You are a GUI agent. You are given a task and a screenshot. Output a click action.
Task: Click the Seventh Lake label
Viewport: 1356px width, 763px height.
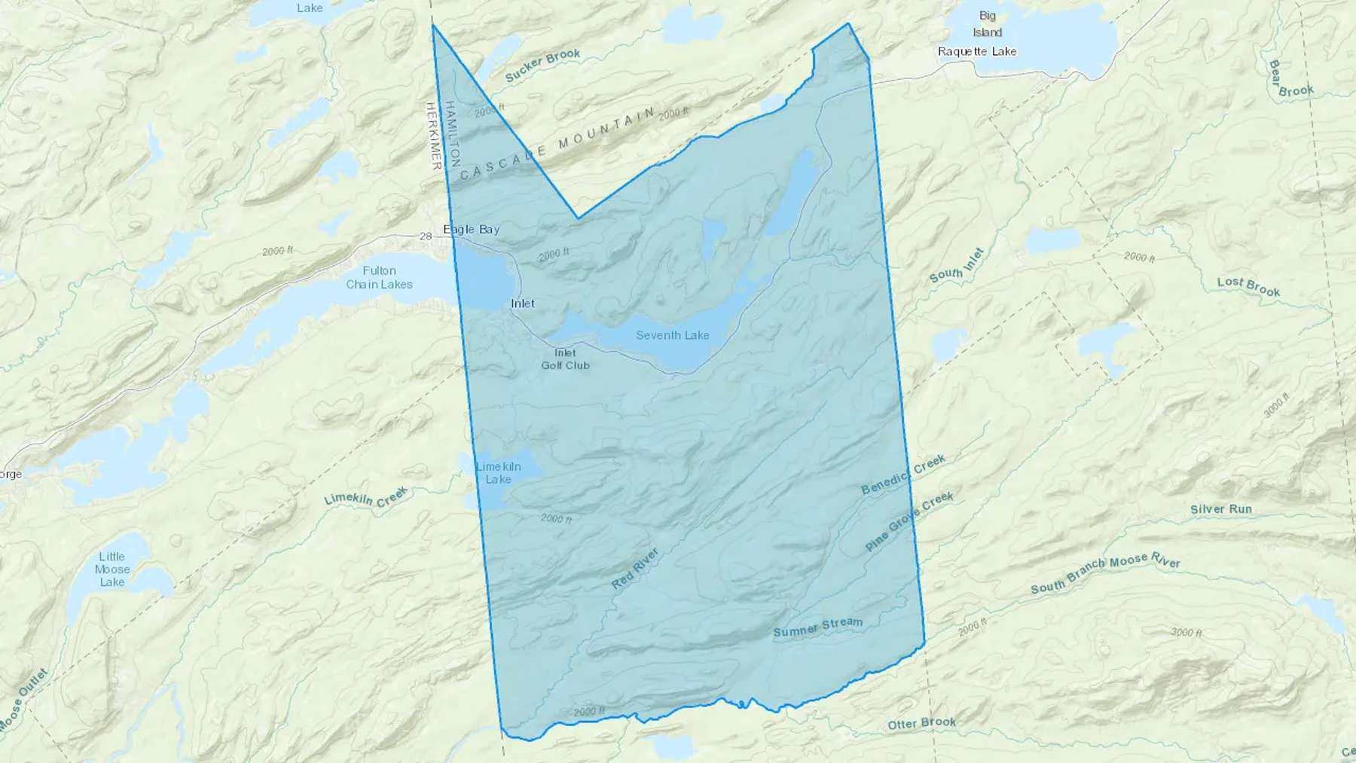coord(672,335)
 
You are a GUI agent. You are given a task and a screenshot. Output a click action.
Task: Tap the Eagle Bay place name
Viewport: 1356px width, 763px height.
coord(472,229)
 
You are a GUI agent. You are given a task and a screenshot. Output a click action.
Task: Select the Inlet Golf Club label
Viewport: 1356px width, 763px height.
coord(565,359)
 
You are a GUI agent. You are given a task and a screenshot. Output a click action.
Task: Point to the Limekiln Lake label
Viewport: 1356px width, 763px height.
coord(498,473)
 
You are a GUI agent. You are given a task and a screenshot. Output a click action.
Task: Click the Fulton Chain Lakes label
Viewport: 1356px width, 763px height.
coord(379,277)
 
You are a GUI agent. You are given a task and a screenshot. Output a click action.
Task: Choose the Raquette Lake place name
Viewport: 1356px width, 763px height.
coord(977,51)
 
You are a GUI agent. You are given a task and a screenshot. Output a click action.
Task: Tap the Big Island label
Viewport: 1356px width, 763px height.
coord(987,24)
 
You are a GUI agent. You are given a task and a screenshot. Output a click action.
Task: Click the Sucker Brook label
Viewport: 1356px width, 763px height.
coord(542,66)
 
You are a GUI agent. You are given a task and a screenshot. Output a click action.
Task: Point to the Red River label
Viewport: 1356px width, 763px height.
coord(635,569)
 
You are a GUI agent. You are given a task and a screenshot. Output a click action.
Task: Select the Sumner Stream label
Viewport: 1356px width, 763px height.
coord(817,627)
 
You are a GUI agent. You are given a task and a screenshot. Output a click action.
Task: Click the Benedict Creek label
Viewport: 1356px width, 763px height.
coord(903,475)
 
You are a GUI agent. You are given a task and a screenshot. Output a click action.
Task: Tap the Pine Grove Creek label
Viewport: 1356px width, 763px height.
coord(909,521)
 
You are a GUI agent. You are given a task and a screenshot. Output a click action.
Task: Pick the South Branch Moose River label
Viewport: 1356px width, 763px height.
coord(1105,573)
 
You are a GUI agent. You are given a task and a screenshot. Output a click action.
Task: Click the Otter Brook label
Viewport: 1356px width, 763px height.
coord(921,723)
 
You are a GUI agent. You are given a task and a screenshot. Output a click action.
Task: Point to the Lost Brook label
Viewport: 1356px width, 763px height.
coord(1248,286)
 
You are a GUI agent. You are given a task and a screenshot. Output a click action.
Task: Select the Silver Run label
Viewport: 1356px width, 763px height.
coord(1221,509)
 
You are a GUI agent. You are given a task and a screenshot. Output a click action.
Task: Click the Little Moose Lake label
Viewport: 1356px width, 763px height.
coord(111,569)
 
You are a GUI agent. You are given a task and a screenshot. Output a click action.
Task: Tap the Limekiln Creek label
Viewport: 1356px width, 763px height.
coord(366,496)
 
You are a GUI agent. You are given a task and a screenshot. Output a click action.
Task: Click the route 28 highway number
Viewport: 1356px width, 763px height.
coord(426,237)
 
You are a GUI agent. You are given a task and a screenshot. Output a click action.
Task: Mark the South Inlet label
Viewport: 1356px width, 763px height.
coord(957,265)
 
